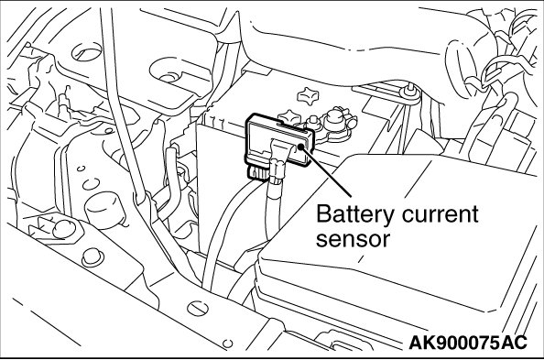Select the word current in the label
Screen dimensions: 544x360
click(441, 214)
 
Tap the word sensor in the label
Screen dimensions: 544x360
click(353, 239)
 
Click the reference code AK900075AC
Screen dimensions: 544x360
click(468, 343)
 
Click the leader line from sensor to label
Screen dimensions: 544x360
click(326, 171)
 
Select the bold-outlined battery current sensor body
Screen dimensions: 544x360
click(279, 141)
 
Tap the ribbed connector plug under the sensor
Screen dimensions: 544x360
click(258, 171)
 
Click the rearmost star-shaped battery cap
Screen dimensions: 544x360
click(308, 93)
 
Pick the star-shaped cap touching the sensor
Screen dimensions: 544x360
click(289, 117)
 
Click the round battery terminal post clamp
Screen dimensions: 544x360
click(335, 119)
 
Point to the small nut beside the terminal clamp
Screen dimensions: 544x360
click(313, 122)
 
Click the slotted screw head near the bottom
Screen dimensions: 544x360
click(198, 309)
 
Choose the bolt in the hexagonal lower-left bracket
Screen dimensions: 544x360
click(64, 230)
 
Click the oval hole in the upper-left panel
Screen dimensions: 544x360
click(87, 51)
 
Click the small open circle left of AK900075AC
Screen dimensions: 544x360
click(228, 344)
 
